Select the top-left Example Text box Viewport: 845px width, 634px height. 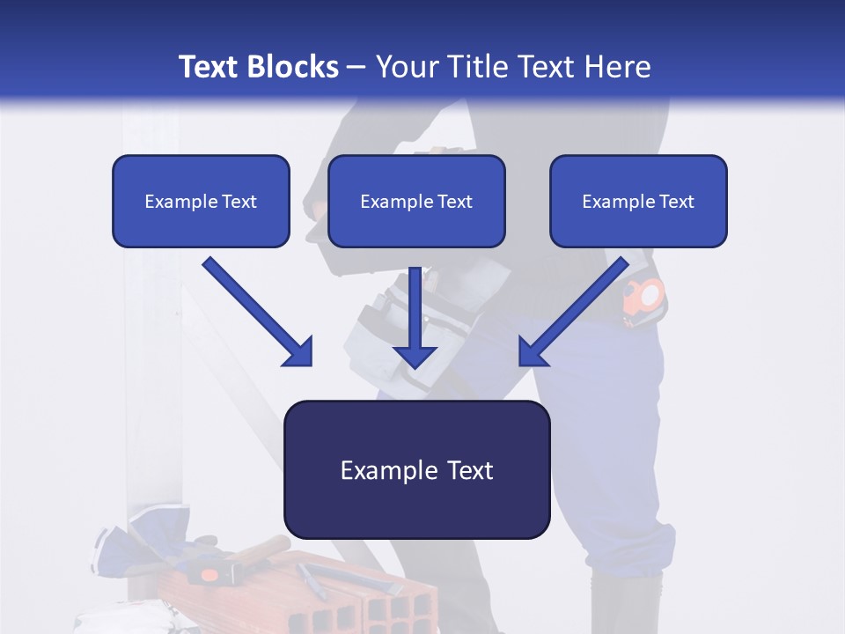(x=201, y=201)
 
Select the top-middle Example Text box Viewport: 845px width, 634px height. (x=416, y=201)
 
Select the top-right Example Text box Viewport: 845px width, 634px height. (x=638, y=201)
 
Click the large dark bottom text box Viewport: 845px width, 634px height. (x=416, y=470)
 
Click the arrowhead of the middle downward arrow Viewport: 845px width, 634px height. (x=415, y=356)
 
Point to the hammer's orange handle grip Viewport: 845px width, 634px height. (x=209, y=574)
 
